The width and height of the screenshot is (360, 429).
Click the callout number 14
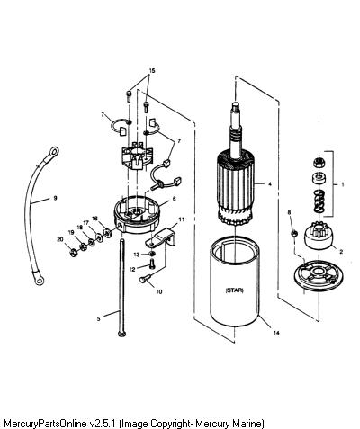coord(276,333)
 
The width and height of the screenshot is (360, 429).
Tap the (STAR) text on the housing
coord(234,290)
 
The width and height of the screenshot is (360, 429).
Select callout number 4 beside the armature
coord(270,184)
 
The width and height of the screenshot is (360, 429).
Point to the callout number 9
coord(55,198)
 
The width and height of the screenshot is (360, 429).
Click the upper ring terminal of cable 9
coord(53,152)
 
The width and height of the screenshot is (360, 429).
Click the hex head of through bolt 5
coord(121,334)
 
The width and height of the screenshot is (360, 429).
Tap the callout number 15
coord(152,71)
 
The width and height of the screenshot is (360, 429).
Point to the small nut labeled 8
coord(294,233)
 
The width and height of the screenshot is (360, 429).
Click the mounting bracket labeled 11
coord(161,237)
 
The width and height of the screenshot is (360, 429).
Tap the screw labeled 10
coord(144,279)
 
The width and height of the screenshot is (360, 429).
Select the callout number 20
coord(60,239)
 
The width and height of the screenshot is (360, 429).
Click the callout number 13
coord(137,255)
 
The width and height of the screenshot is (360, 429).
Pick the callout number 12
coord(132,269)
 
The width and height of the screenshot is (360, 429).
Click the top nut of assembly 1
coord(319,163)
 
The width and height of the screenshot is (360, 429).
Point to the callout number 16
coord(94,219)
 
